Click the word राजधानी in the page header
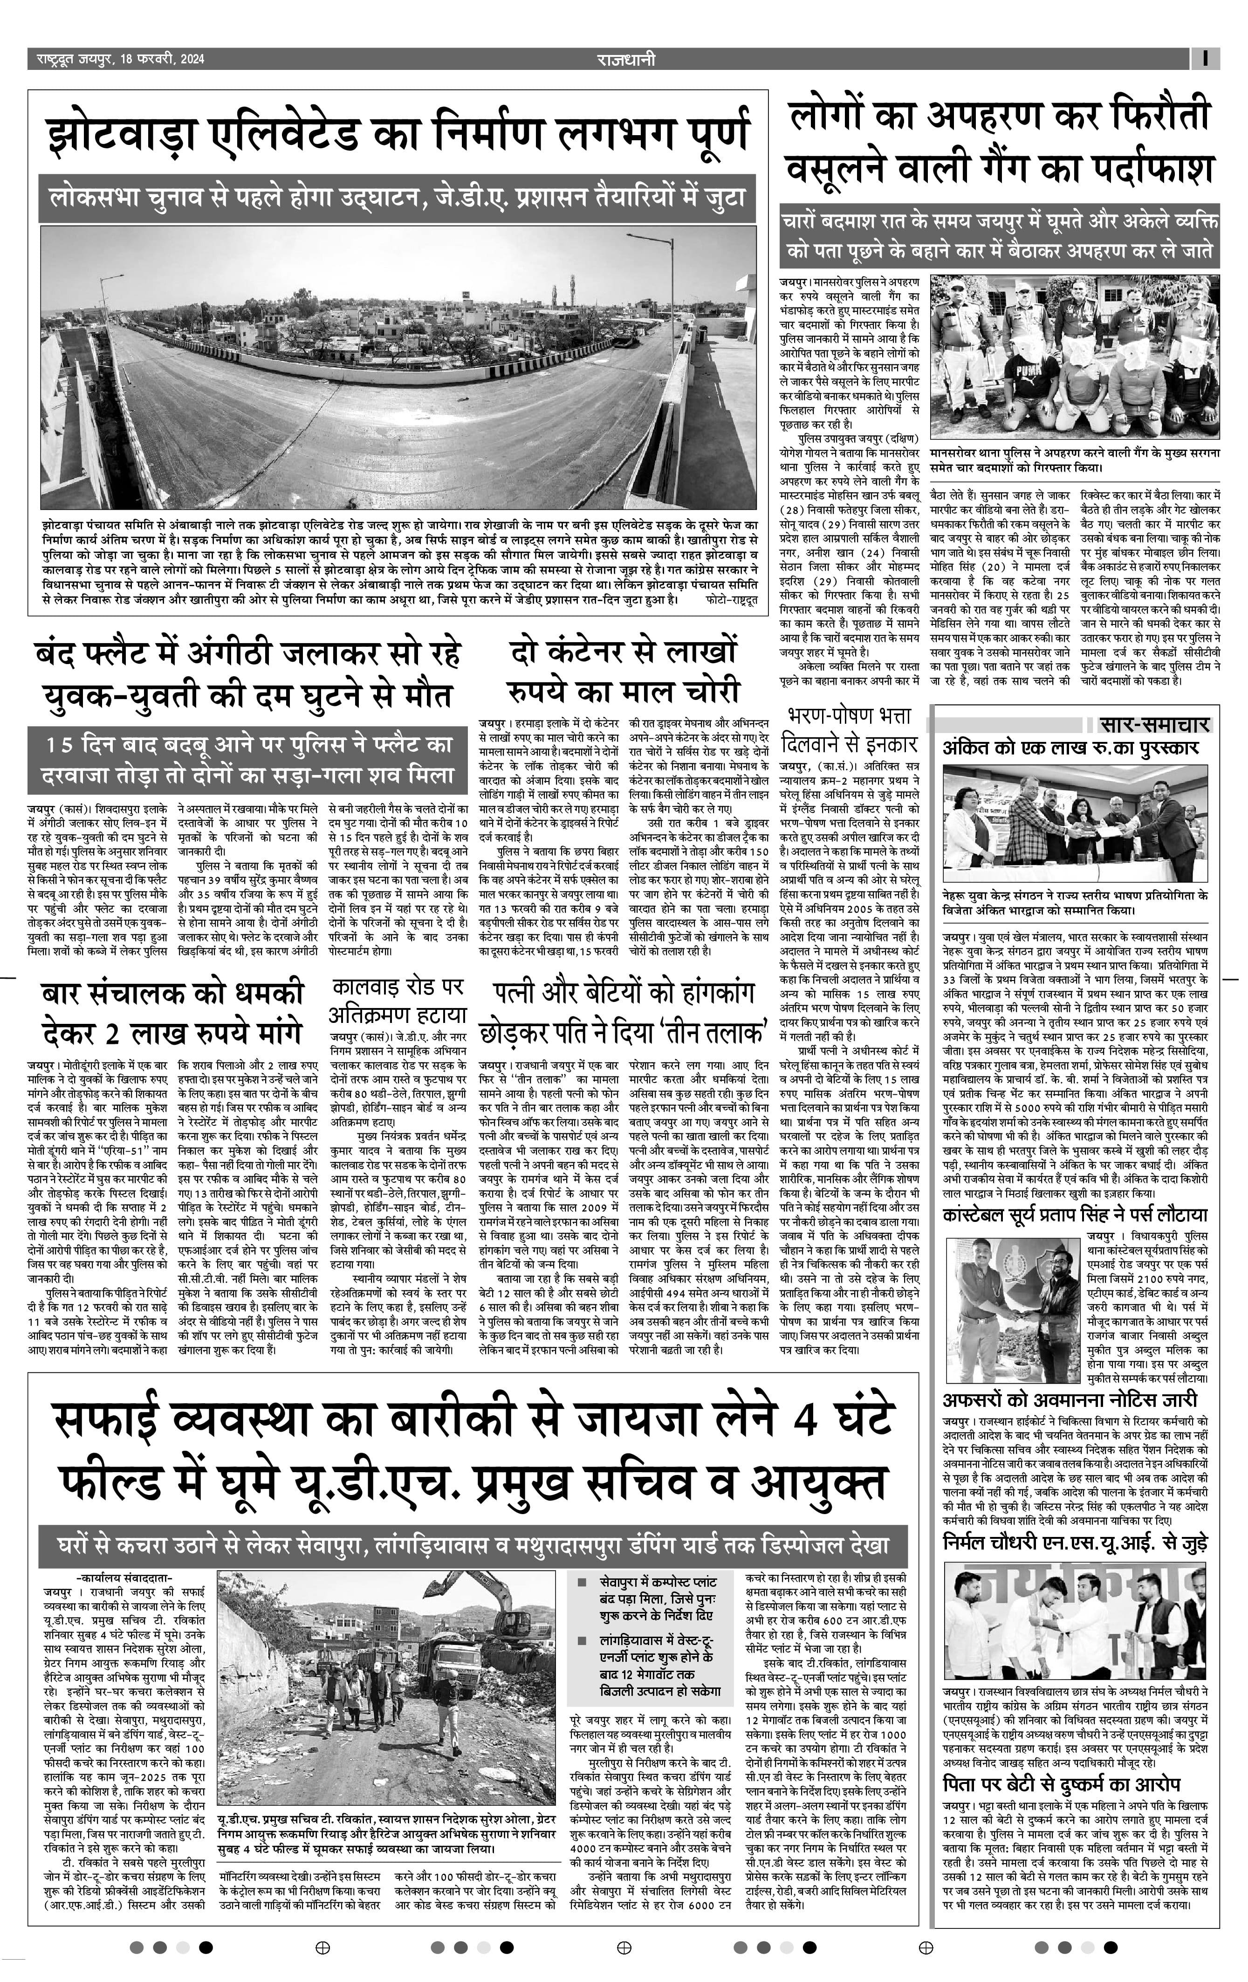click(626, 59)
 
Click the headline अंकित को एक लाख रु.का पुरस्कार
click(1070, 748)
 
